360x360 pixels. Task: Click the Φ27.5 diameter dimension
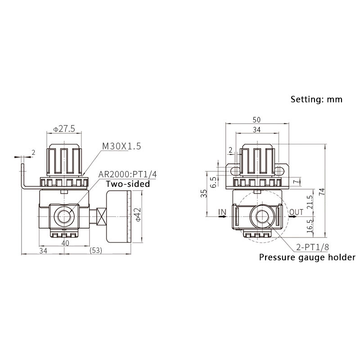click(x=64, y=129)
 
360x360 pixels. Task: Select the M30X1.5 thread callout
click(x=121, y=146)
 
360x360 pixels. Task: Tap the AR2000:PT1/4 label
click(x=128, y=174)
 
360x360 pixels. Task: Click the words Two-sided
click(x=128, y=184)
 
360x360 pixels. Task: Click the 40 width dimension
click(x=65, y=243)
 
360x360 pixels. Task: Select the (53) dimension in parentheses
click(x=96, y=250)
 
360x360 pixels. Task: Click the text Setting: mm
click(x=316, y=99)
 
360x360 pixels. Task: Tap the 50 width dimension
click(x=256, y=120)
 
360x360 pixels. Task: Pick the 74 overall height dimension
click(x=322, y=192)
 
